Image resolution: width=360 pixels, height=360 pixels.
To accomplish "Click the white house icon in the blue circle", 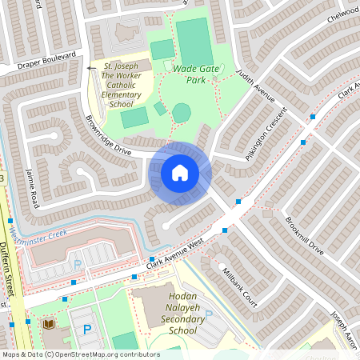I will tap(180, 172).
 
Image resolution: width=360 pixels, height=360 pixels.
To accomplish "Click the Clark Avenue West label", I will tap(175, 256).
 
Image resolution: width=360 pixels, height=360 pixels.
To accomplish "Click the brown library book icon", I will tap(48, 324).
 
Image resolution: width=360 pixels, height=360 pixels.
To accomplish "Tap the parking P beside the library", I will tap(87, 328).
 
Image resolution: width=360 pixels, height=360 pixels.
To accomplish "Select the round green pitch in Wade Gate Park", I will tap(182, 113).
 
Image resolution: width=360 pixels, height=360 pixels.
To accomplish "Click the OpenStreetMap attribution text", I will tap(80, 354).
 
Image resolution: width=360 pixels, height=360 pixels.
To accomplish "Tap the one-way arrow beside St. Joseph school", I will tap(89, 70).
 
